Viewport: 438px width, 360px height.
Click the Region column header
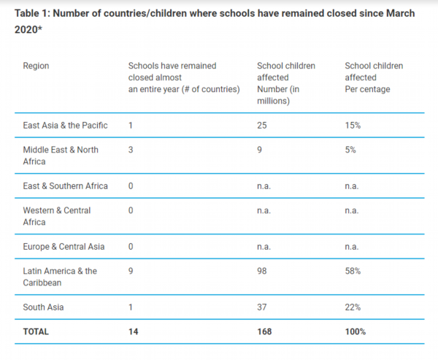36,66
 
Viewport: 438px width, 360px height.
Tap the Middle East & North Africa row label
61,156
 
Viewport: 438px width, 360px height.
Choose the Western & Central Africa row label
57,216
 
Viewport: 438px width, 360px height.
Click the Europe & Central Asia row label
64,246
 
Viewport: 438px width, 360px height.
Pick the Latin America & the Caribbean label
60,277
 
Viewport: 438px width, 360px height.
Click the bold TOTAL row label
36,331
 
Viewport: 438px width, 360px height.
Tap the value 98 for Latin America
263,271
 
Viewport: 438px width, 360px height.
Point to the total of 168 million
265,331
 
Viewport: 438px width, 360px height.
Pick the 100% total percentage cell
356,331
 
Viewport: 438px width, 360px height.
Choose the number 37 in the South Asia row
263,307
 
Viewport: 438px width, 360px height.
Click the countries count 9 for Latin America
130,271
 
